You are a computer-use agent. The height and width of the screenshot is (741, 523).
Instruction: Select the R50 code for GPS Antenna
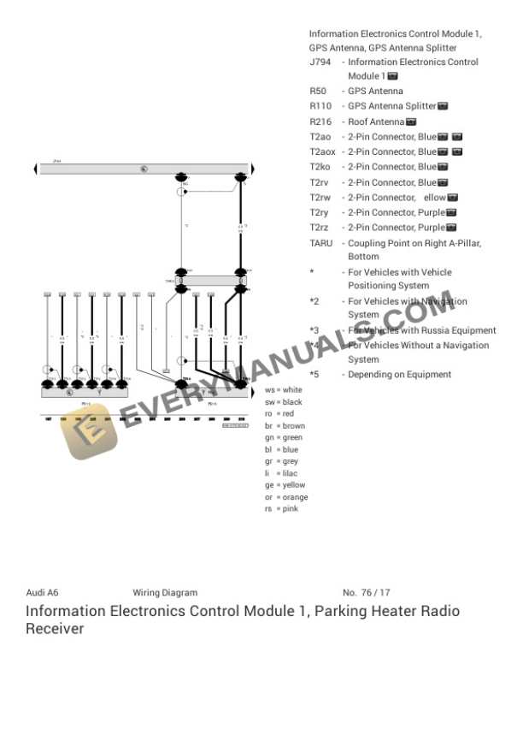[317, 91]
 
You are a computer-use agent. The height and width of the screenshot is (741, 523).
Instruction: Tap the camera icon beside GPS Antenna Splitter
[444, 106]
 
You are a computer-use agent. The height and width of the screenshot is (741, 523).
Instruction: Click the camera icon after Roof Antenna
[411, 122]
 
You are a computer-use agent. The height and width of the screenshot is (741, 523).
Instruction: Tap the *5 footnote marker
[314, 375]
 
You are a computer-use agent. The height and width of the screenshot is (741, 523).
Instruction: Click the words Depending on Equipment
[399, 375]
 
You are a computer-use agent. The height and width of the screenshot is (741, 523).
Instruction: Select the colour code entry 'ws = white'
[283, 390]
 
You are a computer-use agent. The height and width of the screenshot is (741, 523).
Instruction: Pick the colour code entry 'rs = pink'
[281, 509]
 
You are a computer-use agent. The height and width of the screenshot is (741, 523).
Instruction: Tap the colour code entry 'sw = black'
[283, 402]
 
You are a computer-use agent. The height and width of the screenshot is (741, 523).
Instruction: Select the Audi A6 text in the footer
[42, 592]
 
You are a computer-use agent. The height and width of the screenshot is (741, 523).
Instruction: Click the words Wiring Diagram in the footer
[165, 592]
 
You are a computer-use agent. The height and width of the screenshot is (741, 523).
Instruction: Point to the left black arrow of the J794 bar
[36, 169]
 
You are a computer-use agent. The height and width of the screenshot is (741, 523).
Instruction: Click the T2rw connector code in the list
[320, 198]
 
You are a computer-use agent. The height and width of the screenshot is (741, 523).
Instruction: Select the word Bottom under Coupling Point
[363, 257]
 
